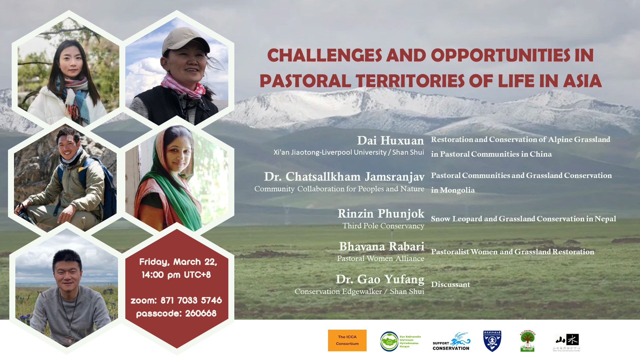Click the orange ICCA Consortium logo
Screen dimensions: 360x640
coord(347,340)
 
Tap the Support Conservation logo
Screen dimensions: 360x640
coord(451,342)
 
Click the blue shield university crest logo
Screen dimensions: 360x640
coord(492,341)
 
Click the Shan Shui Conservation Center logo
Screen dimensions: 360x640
coord(567,342)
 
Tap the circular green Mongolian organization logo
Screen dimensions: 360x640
coord(389,341)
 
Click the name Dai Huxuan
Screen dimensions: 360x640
coord(390,141)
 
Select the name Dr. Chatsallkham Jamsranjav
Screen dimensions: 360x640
coord(344,177)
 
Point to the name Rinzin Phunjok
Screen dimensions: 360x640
coord(381,213)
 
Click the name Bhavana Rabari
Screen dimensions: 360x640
coord(381,246)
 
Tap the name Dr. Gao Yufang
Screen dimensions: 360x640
coord(380,279)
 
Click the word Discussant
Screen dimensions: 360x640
coord(450,284)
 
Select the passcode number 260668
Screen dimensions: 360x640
coord(201,313)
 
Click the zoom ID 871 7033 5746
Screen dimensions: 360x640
coord(191,300)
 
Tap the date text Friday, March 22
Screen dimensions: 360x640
coord(178,262)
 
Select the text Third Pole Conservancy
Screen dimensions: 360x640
coord(383,226)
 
